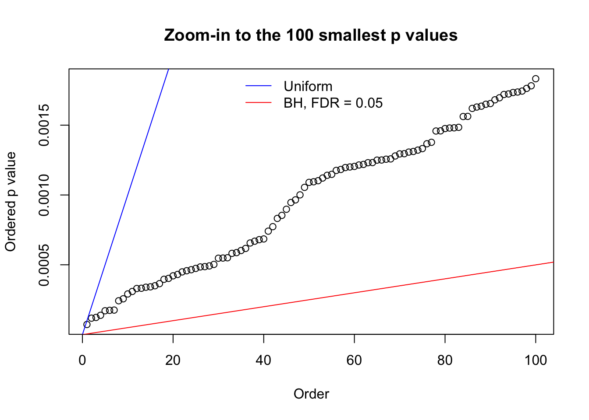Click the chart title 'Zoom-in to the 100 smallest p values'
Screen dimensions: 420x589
point(311,35)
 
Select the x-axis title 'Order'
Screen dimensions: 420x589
point(311,394)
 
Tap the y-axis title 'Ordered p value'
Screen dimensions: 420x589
point(11,202)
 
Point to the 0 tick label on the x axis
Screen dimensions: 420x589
point(82,360)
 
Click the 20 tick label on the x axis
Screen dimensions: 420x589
point(173,360)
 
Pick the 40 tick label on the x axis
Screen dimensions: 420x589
point(264,360)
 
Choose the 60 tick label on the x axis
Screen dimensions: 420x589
point(354,360)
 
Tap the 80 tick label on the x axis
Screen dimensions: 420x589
point(445,360)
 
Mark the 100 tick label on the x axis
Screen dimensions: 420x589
point(536,360)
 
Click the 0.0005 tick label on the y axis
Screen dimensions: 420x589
point(44,265)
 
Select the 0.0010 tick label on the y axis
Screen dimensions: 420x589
point(44,195)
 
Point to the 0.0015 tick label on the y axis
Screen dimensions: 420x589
point(44,125)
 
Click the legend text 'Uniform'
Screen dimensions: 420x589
point(308,86)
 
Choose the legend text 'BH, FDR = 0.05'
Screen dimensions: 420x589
point(333,103)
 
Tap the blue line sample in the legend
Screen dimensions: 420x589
point(259,86)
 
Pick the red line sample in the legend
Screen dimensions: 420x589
point(259,103)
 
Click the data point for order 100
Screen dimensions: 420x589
point(536,79)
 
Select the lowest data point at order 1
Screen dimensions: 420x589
point(87,325)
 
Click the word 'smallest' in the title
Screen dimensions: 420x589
point(353,35)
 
